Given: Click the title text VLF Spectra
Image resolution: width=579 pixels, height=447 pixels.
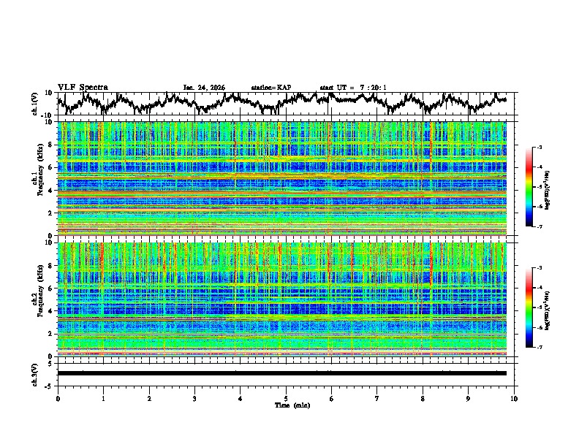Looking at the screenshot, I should (x=83, y=87).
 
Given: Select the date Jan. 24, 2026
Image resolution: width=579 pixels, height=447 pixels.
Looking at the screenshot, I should (x=204, y=88).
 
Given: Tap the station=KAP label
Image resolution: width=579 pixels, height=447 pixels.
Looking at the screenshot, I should (x=270, y=88).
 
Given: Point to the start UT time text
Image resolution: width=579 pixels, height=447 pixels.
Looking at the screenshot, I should (x=352, y=88).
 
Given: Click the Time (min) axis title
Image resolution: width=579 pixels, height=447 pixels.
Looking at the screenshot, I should (x=286, y=405).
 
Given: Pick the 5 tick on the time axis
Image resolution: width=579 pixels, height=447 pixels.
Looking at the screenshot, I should (x=286, y=398).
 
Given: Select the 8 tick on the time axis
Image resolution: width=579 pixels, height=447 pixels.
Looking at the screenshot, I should (x=423, y=398).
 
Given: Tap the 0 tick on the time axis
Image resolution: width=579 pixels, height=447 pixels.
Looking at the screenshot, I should (x=58, y=398).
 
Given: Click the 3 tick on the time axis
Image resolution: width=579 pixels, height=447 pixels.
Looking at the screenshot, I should (x=194, y=398).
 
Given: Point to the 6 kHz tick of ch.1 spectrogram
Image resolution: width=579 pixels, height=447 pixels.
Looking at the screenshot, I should (x=50, y=167).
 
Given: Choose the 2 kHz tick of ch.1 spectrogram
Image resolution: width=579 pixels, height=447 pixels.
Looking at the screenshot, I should (x=50, y=213).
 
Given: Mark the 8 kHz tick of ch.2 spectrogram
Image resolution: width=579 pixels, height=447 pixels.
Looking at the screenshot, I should (x=50, y=266).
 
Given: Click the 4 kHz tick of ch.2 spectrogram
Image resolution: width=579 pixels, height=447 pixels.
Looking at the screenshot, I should (x=50, y=311).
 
